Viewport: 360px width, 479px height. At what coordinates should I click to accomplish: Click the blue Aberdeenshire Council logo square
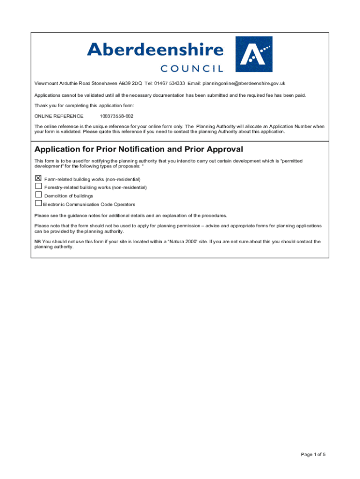[253, 54]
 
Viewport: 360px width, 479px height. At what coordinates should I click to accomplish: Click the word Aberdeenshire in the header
[155, 50]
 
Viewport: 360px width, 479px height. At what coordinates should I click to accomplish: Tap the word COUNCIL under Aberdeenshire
[192, 69]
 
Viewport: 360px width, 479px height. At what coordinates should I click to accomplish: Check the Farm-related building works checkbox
[38, 178]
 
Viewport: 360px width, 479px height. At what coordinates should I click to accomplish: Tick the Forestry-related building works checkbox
[38, 186]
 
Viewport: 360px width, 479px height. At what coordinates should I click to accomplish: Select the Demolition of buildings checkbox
[38, 195]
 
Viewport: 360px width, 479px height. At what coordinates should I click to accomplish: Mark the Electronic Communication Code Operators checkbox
[38, 203]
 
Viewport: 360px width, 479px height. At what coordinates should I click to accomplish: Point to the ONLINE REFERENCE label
[59, 116]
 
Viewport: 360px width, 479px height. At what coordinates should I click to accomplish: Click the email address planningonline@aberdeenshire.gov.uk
[243, 83]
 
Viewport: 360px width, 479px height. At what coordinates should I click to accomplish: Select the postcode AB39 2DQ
[130, 83]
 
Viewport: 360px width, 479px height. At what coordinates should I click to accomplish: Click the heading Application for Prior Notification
[139, 149]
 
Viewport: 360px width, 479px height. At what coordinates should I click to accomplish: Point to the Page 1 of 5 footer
[313, 454]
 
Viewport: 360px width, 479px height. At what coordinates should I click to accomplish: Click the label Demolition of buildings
[68, 196]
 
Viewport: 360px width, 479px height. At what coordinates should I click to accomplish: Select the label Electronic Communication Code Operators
[89, 204]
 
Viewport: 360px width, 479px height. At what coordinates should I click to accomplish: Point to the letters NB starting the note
[37, 242]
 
